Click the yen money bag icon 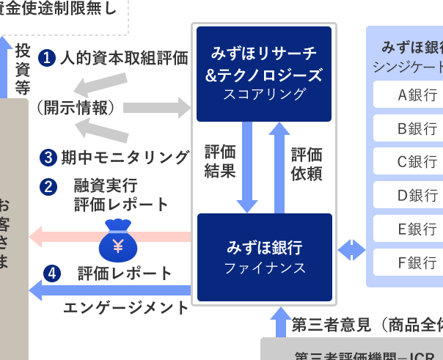(117, 240)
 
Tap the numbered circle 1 (48, 57)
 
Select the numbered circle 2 (48, 186)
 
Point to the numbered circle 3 (48, 157)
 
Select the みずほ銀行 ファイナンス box (264, 257)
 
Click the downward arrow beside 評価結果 (246, 166)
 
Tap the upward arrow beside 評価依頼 (279, 166)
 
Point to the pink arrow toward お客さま (66, 237)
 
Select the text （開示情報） (76, 108)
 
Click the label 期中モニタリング (125, 157)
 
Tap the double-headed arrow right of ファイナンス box (351, 249)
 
